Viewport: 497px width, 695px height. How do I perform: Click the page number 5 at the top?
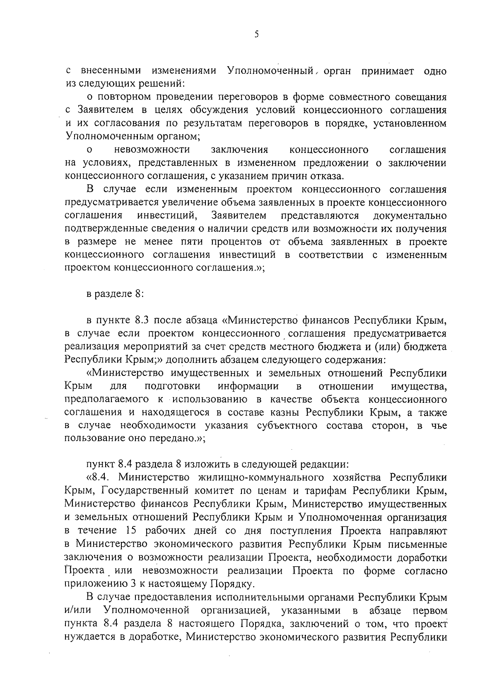pos(256,35)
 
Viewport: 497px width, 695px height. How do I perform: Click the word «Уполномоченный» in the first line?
pos(270,71)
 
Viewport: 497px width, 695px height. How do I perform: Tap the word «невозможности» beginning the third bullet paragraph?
pos(152,149)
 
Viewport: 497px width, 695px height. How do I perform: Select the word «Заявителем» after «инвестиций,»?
pos(239,216)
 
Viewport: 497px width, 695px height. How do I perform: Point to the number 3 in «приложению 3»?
pos(167,584)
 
